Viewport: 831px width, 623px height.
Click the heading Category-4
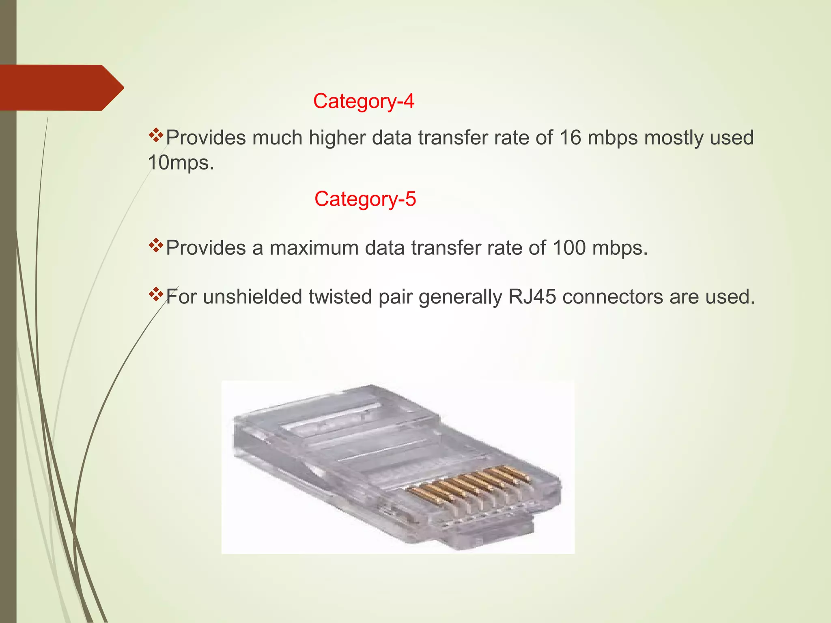364,101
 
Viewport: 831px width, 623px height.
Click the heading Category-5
365,199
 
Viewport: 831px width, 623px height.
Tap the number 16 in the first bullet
570,138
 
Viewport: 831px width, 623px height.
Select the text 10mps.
181,163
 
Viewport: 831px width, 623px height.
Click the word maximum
314,248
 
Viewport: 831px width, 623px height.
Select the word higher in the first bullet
337,138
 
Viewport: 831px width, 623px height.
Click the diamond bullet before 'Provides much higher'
155,135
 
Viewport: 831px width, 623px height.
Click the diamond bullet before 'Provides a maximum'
155,245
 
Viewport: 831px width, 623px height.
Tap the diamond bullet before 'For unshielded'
155,294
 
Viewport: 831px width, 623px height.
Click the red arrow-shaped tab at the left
61,88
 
